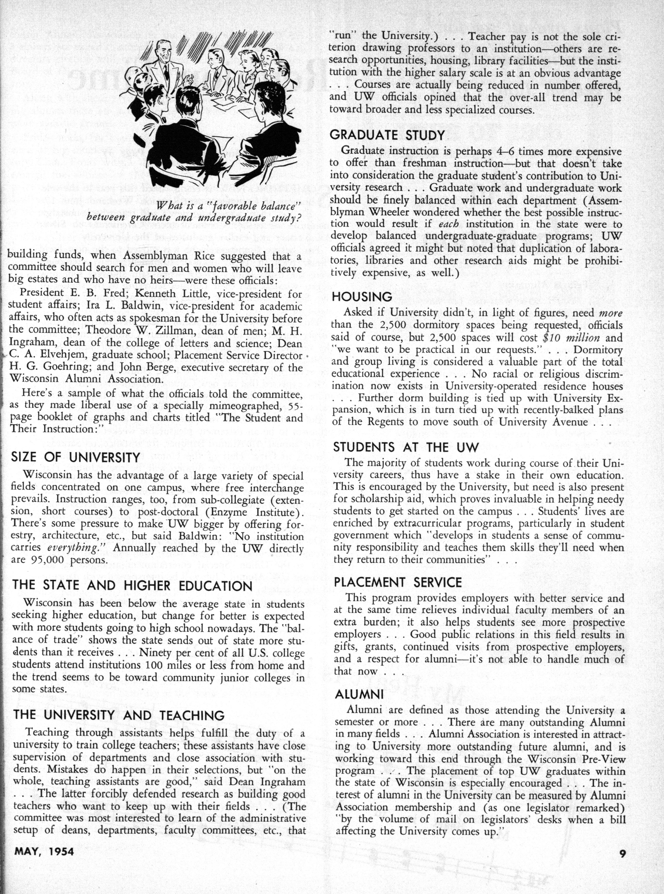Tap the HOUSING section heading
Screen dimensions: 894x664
tap(362, 296)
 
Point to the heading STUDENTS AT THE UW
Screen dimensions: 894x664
tap(406, 447)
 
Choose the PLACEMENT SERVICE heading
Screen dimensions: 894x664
tap(398, 582)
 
